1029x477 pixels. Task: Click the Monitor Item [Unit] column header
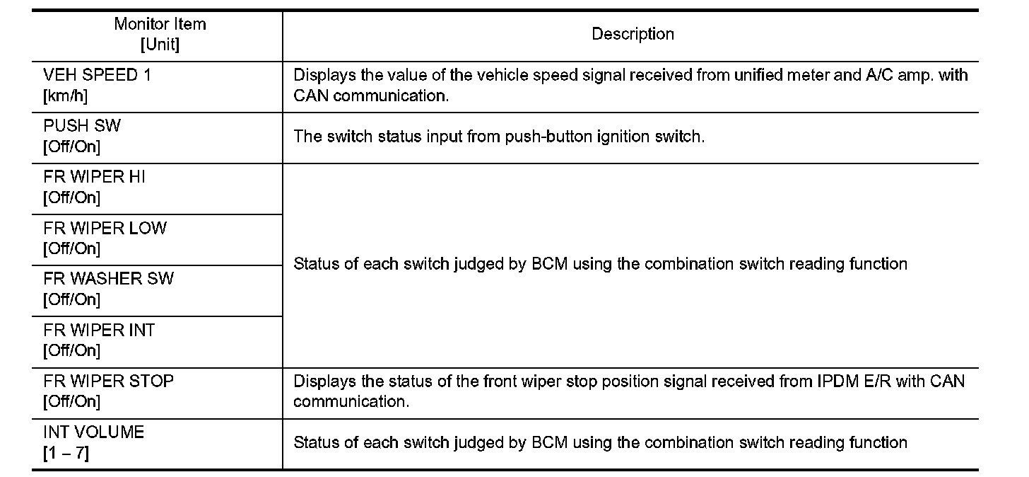pyautogui.click(x=160, y=34)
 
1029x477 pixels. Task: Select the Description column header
pyautogui.click(x=633, y=34)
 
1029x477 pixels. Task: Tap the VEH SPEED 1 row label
pyautogui.click(x=97, y=76)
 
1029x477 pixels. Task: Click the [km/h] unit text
pyautogui.click(x=65, y=96)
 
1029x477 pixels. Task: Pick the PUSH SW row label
pyautogui.click(x=82, y=127)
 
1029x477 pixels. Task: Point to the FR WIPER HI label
pyautogui.click(x=94, y=177)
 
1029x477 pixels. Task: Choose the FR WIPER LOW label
pyautogui.click(x=105, y=228)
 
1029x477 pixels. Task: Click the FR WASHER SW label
pyautogui.click(x=108, y=279)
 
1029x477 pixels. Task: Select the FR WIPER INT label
pyautogui.click(x=99, y=330)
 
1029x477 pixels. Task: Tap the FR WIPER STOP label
pyautogui.click(x=108, y=381)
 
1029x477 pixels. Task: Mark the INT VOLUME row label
pyautogui.click(x=93, y=432)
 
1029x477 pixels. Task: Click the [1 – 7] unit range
pyautogui.click(x=66, y=453)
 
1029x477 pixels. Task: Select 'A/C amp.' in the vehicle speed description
pyautogui.click(x=898, y=76)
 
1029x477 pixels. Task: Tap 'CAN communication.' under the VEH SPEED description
pyautogui.click(x=370, y=96)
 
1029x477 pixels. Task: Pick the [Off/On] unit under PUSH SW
pyautogui.click(x=71, y=147)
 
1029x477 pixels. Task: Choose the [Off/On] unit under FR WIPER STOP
pyautogui.click(x=71, y=402)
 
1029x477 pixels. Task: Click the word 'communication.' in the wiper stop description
pyautogui.click(x=351, y=402)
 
